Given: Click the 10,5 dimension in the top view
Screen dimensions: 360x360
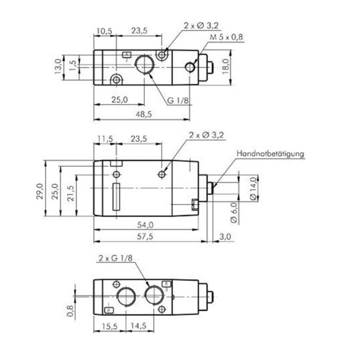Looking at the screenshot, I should (x=104, y=32).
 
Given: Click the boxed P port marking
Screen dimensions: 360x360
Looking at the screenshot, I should (x=109, y=310).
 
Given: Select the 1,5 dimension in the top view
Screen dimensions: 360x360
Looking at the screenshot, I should (x=72, y=63).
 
